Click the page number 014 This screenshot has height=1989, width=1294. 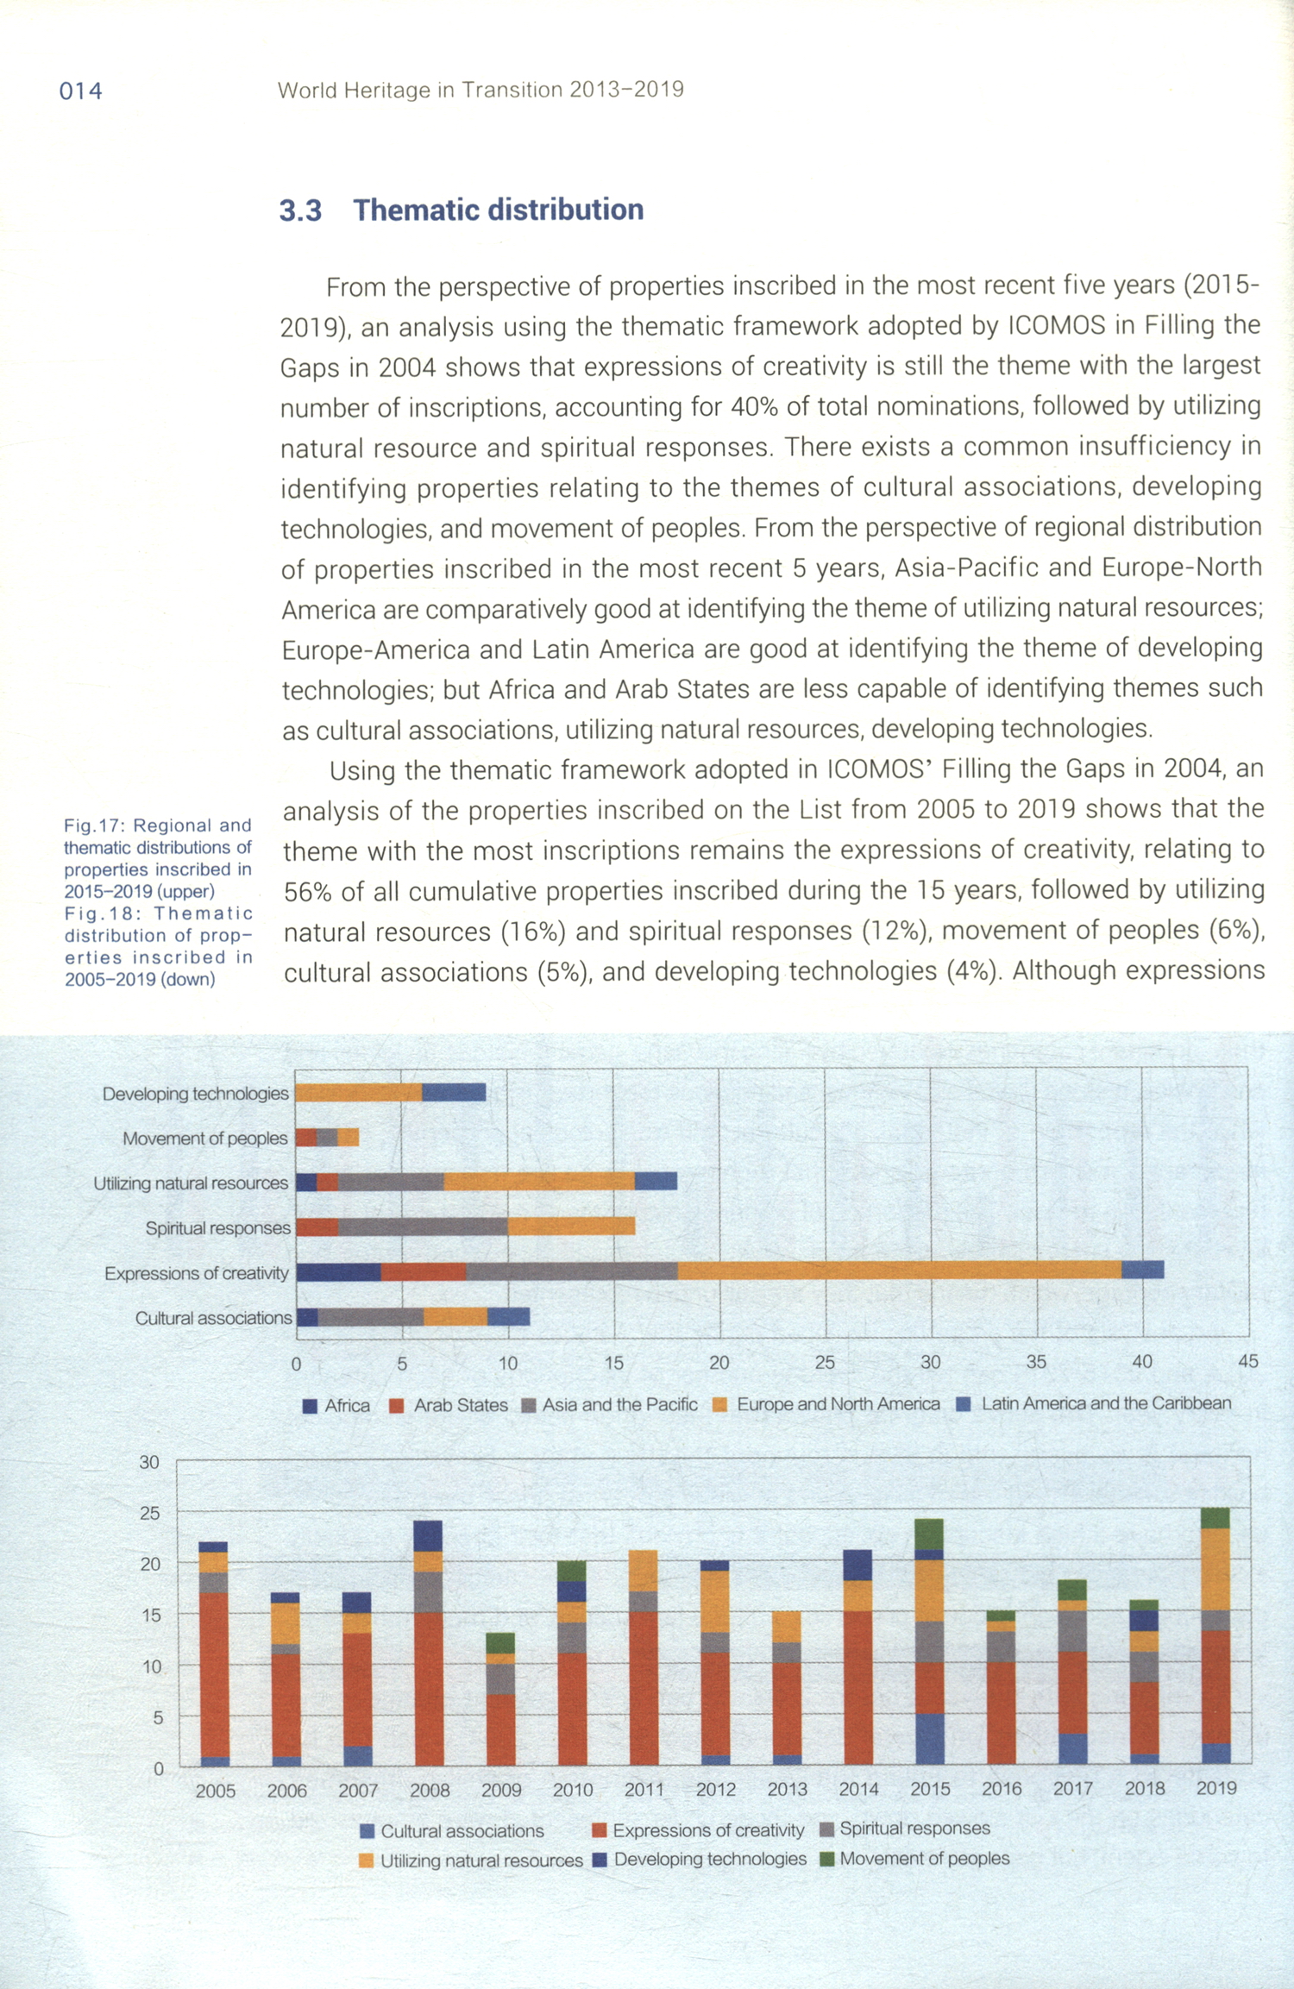pos(80,91)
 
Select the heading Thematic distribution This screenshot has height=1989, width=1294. pos(498,210)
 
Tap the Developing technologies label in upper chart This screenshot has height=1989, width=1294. pos(195,1094)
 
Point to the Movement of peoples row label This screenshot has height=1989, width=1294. pos(204,1139)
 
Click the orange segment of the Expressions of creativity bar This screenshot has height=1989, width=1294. pos(899,1270)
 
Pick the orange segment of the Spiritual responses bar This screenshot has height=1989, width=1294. pos(571,1226)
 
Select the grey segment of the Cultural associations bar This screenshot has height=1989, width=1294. pos(370,1316)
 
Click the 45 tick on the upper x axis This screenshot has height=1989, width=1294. pos(1247,1362)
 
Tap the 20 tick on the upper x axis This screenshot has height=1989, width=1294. pos(719,1363)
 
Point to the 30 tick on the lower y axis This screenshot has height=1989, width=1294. pos(149,1462)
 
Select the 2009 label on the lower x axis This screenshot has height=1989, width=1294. pos(501,1791)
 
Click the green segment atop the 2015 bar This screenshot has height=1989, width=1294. pos(929,1534)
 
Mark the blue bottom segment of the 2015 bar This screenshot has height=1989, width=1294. pos(929,1740)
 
